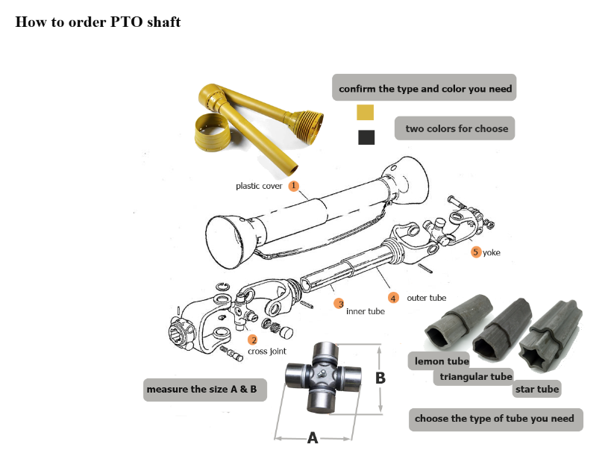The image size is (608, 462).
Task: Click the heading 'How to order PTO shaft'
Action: pos(98,22)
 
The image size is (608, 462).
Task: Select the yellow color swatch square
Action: pos(366,113)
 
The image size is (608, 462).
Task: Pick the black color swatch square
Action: pos(366,137)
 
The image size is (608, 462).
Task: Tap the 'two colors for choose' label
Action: pos(456,128)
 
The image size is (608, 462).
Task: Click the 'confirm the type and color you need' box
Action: pos(425,89)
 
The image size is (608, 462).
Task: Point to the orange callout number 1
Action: pos(294,184)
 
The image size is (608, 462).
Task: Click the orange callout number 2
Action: pos(253,340)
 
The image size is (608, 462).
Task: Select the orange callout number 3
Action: pos(339,304)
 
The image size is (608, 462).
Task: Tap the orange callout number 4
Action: pos(394,298)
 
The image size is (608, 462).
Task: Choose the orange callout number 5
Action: pos(476,252)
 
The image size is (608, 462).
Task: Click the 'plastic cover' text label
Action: pos(259,186)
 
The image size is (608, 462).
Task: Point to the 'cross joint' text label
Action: pos(266,351)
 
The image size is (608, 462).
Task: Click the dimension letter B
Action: pos(380,378)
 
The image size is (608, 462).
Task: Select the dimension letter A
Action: pos(313,438)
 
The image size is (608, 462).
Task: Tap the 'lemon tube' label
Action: pos(442,361)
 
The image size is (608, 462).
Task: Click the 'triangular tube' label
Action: pos(475,377)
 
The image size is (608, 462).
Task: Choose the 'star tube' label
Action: pos(536,389)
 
